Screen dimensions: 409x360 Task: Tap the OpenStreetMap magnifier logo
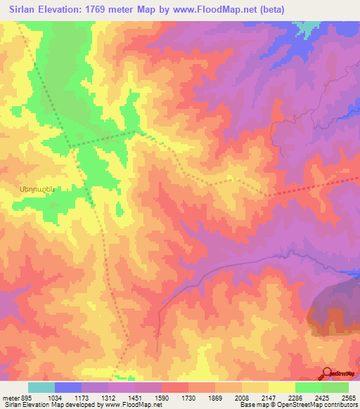click(x=328, y=373)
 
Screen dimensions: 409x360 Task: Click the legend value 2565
click(x=348, y=398)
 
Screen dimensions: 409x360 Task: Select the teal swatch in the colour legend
click(x=41, y=387)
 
